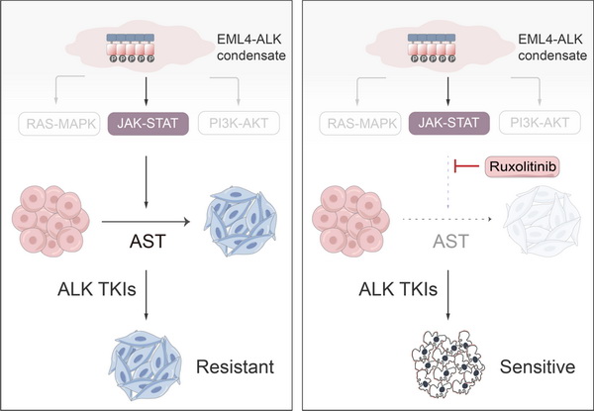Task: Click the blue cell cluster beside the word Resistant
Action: tap(147, 358)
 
